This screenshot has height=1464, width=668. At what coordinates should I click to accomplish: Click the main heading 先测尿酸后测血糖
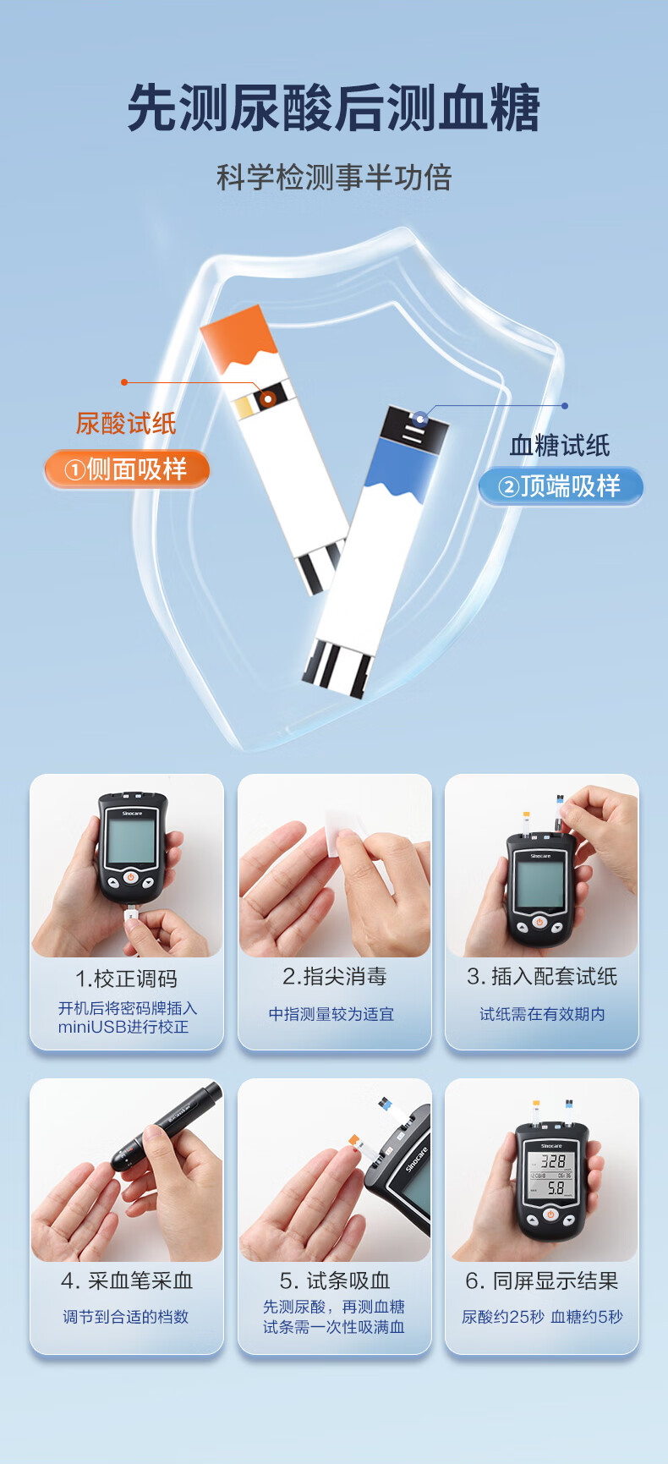[x=334, y=108]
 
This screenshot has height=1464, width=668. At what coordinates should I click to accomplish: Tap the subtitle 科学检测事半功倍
[x=334, y=178]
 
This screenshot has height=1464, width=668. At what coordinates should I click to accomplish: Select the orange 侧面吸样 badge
[x=127, y=469]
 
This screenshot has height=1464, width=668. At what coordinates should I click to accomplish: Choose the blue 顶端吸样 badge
[x=561, y=486]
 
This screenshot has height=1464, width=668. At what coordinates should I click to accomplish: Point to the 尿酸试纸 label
[x=126, y=423]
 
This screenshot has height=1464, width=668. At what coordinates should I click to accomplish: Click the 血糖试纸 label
[x=560, y=446]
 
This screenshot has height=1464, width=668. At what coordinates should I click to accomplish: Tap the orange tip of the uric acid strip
[x=238, y=338]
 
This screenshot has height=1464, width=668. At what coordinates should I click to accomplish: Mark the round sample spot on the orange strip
[x=268, y=398]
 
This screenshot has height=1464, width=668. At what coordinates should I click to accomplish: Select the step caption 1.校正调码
[x=126, y=979]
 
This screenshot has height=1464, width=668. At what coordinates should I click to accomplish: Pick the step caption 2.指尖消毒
[x=334, y=977]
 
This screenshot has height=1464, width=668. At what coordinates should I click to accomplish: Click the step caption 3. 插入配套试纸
[x=542, y=977]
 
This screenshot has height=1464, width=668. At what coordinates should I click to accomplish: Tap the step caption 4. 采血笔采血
[x=127, y=1281]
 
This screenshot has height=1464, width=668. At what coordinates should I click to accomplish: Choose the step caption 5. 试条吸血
[x=334, y=1281]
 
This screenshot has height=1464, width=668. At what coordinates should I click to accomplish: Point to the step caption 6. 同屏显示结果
[x=542, y=1281]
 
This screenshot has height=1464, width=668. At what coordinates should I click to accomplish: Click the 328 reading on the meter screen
[x=553, y=1161]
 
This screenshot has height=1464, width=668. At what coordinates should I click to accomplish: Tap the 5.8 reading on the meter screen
[x=555, y=1188]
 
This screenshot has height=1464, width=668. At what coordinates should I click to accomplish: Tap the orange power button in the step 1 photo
[x=130, y=877]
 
